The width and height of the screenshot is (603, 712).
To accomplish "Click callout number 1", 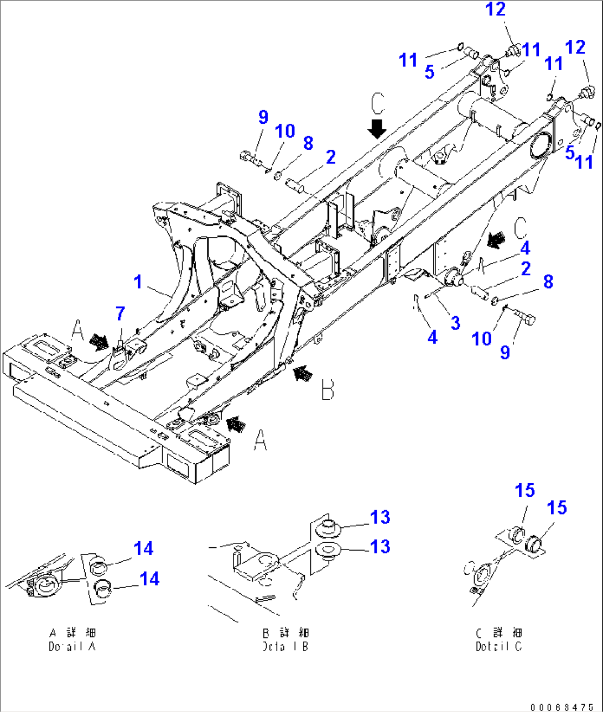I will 138,282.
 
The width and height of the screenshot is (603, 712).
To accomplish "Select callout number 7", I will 120,314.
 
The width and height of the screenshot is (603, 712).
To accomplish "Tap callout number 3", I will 455,323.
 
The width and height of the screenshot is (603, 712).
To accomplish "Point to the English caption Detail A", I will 72,646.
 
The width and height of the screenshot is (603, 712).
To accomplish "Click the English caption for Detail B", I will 285,646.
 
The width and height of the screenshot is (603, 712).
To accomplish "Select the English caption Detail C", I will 498,646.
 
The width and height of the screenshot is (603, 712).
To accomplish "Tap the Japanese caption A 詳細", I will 72,632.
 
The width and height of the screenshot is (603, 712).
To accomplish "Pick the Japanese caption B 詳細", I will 285,632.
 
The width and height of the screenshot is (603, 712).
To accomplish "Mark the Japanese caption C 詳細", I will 498,632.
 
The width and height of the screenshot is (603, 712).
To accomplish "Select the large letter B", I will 328,390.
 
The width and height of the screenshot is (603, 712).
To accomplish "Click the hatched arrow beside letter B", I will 301,374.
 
